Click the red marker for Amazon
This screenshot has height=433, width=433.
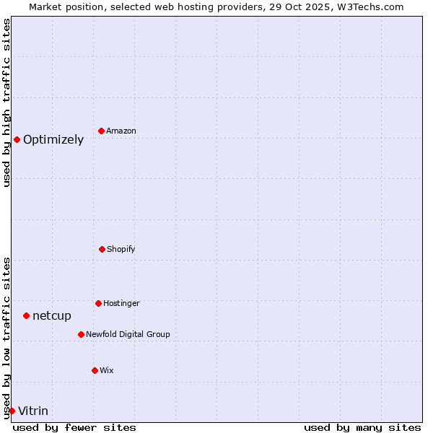[x=101, y=131]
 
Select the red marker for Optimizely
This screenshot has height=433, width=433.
[x=17, y=139]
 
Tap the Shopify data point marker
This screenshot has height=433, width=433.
[x=102, y=249]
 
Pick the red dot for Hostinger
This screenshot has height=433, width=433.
[x=98, y=303]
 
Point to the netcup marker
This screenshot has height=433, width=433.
[x=26, y=315]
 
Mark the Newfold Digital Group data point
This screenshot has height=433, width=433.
[x=81, y=334]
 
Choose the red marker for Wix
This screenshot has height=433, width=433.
[x=95, y=370]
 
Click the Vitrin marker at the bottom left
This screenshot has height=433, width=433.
[x=12, y=411]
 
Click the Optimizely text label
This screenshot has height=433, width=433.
[x=53, y=140]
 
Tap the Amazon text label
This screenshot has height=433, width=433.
[x=121, y=131]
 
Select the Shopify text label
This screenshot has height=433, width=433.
[x=121, y=250]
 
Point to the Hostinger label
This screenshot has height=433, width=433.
[x=121, y=304]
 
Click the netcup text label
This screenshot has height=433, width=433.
[x=52, y=316]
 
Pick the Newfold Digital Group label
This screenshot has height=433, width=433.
[x=128, y=335]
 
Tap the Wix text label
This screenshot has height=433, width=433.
[x=107, y=371]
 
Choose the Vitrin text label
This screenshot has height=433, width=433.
[x=33, y=411]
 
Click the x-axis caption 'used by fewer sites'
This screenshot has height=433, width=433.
[x=74, y=427]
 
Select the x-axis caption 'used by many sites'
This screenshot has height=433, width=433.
[x=362, y=427]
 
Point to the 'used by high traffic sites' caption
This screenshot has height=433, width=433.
[x=6, y=102]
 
